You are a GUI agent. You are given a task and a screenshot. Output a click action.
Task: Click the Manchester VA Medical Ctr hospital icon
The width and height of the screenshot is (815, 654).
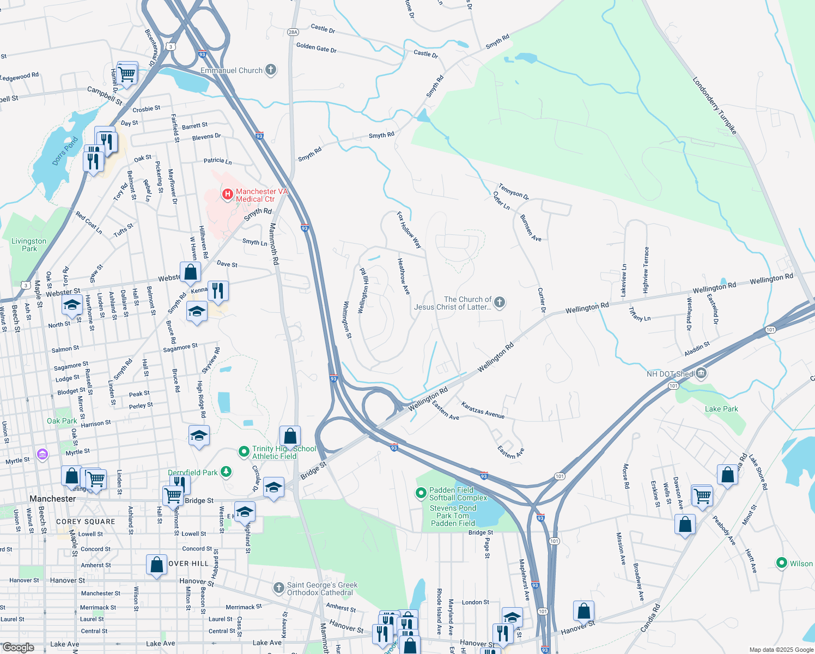point(228,194)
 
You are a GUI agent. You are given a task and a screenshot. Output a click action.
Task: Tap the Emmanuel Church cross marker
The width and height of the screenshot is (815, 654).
point(271,70)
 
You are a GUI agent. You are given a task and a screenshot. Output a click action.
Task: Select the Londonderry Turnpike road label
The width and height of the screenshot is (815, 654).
point(714,106)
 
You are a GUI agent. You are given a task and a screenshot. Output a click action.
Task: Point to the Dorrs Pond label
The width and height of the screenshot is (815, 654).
point(65,151)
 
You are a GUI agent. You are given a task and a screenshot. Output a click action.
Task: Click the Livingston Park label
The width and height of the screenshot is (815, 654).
point(29,245)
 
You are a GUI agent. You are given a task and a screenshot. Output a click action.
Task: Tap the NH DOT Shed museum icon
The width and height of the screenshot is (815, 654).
point(701,373)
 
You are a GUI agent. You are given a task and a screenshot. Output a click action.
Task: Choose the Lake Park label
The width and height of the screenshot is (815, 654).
point(721,409)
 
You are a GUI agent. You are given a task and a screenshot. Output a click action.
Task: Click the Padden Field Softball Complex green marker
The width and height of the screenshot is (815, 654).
point(421,493)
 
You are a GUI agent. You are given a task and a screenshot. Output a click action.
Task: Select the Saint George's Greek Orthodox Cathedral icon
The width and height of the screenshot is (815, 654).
point(278,588)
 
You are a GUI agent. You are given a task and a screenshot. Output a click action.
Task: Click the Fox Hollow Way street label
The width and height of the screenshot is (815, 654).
point(409,230)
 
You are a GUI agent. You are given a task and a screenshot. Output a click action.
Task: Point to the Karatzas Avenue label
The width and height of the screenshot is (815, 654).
point(483,410)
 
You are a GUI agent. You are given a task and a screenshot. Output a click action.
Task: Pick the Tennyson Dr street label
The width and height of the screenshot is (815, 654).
point(513,191)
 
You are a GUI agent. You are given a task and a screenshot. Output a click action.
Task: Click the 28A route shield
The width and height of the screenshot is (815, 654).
point(293,32)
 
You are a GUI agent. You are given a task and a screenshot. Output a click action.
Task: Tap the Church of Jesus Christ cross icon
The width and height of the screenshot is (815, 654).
point(500,302)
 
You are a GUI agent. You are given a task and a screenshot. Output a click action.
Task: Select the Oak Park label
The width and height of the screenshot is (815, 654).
point(62,421)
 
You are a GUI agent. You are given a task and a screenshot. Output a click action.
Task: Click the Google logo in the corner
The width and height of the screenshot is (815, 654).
point(19,647)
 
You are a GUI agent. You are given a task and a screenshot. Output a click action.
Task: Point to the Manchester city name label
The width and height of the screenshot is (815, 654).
point(53,499)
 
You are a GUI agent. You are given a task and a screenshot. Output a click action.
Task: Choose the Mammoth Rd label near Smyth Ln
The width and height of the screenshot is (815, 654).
point(274,244)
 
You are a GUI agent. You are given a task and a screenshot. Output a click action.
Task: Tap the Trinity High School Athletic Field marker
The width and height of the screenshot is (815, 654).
point(244,452)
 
